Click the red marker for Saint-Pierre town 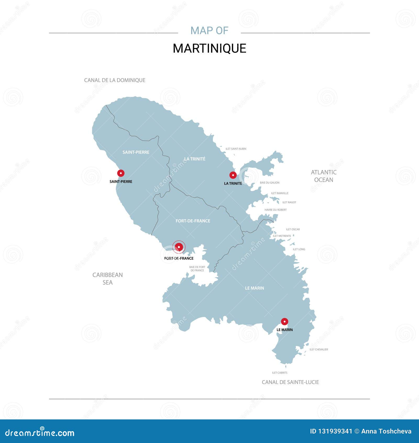121,173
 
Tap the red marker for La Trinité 233,175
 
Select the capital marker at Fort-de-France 179,247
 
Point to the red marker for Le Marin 284,321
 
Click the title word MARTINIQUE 210,48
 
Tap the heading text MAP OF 210,31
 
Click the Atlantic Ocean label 324,176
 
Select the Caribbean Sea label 107,279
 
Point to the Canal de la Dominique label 115,80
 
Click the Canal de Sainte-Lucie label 290,382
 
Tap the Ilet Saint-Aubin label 236,149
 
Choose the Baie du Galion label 269,183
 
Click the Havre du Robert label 275,210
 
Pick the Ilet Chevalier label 319,349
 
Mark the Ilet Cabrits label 280,373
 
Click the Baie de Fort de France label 197,269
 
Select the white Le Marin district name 255,288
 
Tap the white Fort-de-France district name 193,221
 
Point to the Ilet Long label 299,249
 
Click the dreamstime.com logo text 40,433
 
